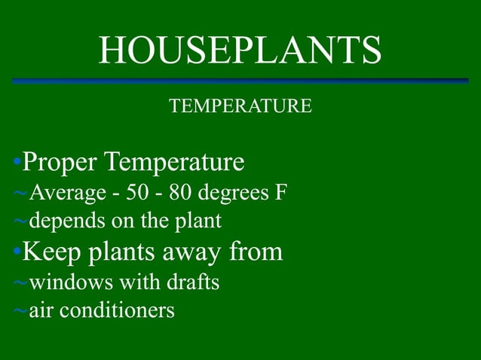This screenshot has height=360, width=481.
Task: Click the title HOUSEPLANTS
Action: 240,50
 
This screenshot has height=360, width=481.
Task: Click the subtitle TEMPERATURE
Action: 240,106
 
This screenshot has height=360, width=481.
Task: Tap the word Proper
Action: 60,162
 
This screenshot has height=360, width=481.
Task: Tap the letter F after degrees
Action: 280,193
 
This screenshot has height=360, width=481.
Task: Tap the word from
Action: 256,252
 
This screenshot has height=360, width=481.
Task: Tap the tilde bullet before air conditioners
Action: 21,311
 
